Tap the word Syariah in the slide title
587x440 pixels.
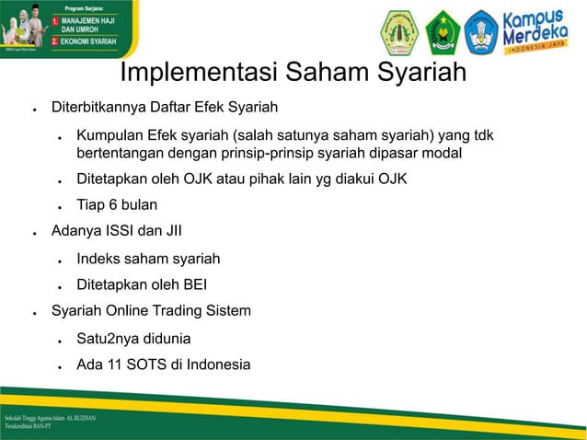click(x=418, y=72)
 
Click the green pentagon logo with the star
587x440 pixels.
click(x=443, y=32)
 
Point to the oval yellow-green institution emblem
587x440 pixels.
click(x=400, y=32)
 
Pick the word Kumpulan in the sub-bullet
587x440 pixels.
click(x=109, y=136)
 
